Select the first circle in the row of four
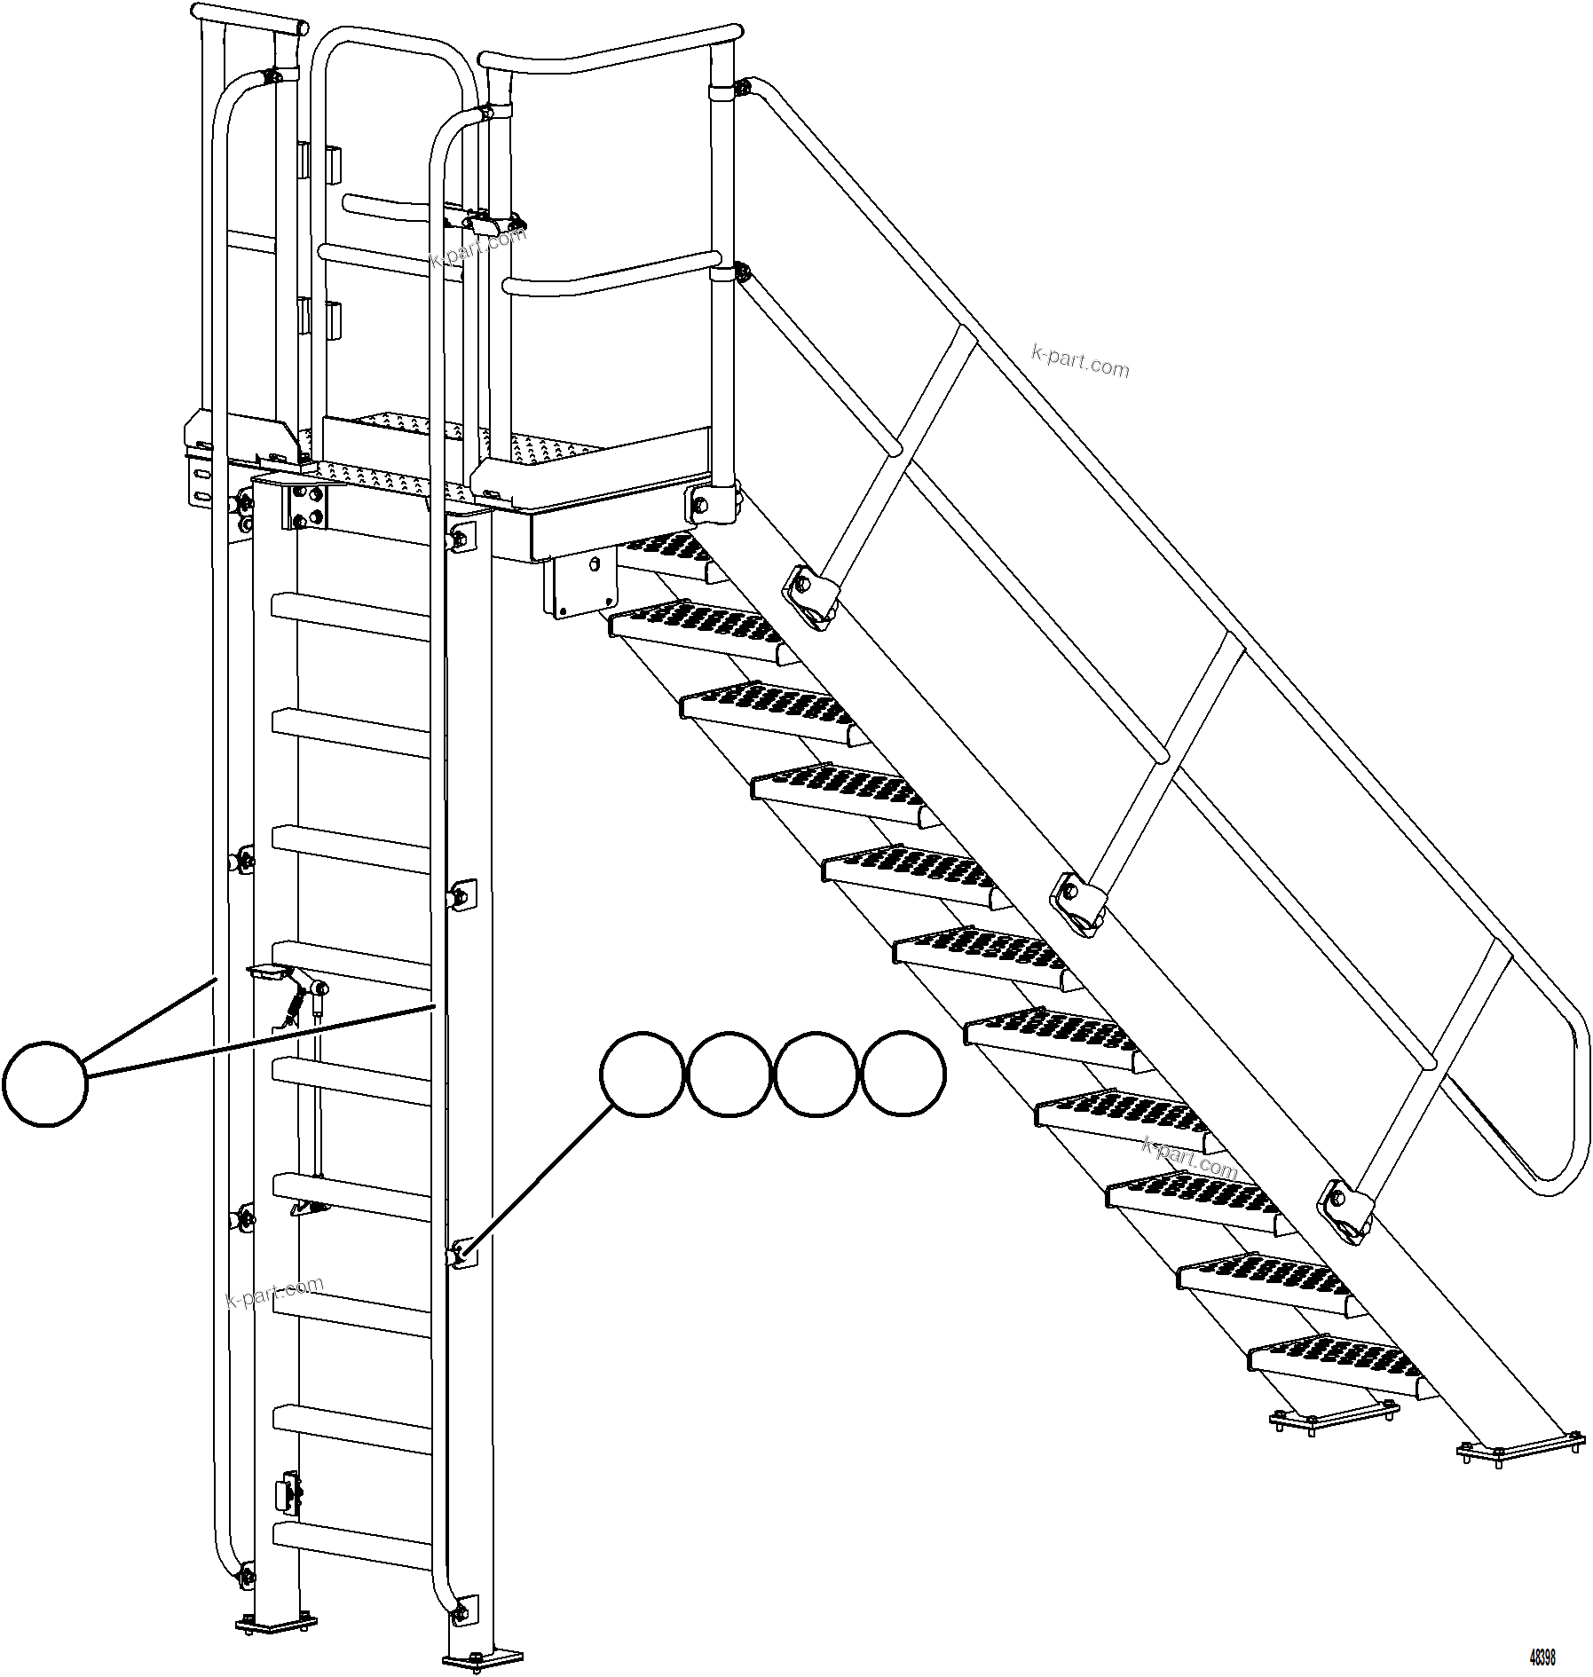tap(642, 1074)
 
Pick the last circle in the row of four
tap(903, 1074)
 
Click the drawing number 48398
tap(1542, 1657)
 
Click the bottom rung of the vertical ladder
tap(351, 1544)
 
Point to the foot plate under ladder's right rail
tap(483, 1657)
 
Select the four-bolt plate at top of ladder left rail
tap(307, 507)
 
